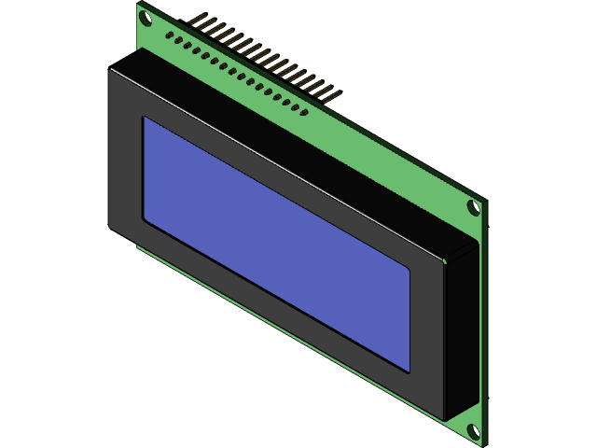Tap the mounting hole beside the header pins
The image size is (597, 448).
146,16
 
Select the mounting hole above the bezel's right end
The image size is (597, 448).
473,207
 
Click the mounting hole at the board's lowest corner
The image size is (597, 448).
472,431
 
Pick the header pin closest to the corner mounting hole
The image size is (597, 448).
198,20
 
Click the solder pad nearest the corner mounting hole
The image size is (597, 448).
169,35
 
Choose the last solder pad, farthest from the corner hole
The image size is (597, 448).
305,113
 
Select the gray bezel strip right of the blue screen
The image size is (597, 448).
426,336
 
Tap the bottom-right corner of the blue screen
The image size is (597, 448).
410,371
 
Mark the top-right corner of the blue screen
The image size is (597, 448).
410,270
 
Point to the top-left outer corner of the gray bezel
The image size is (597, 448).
109,69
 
